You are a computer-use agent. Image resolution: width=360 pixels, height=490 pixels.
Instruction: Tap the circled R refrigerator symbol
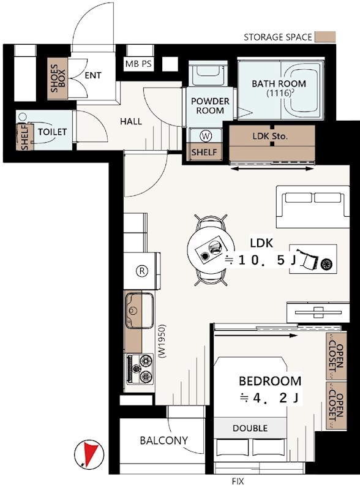click(142, 271)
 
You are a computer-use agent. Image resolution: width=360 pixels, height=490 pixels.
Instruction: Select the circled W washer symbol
click(206, 136)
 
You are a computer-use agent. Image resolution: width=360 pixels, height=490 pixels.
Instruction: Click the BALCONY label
click(163, 440)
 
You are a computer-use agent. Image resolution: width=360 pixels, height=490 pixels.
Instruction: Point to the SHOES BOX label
click(58, 78)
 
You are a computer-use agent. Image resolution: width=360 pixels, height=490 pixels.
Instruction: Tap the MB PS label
click(138, 64)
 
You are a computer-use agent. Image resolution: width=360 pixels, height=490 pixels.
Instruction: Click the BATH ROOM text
click(279, 83)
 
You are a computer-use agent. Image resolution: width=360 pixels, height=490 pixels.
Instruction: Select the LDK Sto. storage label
click(270, 136)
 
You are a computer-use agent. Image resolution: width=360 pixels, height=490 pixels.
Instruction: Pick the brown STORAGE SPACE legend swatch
click(325, 37)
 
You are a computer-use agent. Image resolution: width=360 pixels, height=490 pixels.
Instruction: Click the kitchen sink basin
click(140, 311)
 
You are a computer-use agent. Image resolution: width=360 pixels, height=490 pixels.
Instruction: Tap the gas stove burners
click(140, 369)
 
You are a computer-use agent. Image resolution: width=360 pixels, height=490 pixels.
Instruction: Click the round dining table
click(209, 250)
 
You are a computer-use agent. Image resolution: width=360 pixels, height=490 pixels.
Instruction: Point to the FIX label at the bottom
click(238, 481)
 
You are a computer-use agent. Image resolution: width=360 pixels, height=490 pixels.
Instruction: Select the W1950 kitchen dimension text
click(162, 341)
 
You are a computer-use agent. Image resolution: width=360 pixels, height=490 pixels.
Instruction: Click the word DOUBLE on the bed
click(250, 428)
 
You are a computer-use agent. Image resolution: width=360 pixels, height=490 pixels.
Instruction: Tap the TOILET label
click(53, 132)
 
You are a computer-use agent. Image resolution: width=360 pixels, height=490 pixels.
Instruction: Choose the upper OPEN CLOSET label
click(336, 356)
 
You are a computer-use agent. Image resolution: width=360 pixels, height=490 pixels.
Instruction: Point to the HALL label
click(131, 121)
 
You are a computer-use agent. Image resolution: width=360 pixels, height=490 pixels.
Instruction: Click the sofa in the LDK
click(312, 206)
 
